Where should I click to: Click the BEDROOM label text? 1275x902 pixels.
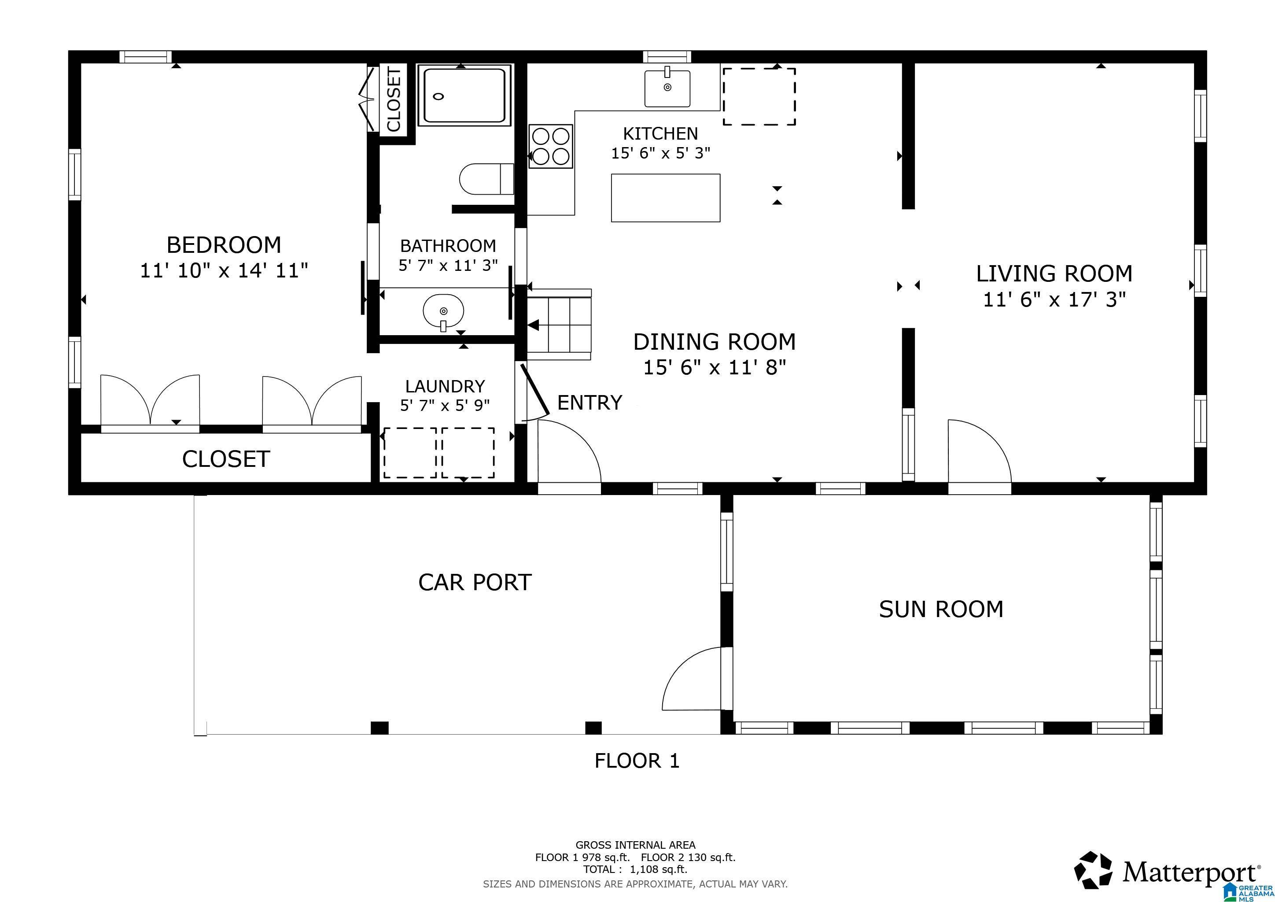click(224, 245)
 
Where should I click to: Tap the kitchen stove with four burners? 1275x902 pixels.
click(550, 146)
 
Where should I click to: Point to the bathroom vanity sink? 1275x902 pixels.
click(443, 311)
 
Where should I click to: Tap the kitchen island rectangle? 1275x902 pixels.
click(665, 198)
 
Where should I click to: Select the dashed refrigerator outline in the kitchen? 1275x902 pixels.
click(759, 96)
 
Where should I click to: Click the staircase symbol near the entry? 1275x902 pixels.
click(559, 325)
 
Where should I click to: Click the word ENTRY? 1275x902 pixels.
click(589, 403)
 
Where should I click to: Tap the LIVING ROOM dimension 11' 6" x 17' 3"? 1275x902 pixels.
click(1054, 300)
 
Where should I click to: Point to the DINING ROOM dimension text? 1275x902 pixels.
click(714, 367)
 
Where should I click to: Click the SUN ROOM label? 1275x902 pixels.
click(941, 609)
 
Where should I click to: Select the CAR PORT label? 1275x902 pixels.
click(475, 582)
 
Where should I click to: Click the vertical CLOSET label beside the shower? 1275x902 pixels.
click(394, 100)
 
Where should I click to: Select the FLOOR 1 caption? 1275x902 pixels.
click(637, 760)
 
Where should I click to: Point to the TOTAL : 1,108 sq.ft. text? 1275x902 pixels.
click(635, 869)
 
